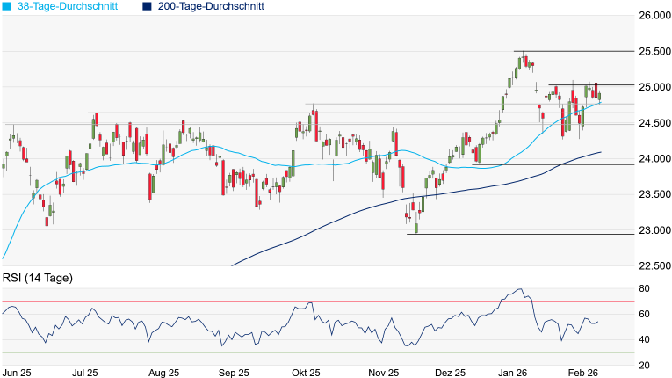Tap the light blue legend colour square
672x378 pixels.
(6, 6)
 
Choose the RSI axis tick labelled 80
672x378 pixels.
(644, 288)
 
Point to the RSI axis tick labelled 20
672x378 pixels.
(644, 365)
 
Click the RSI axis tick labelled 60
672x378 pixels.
(644, 314)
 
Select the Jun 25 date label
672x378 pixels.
(18, 373)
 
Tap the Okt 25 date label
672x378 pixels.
(305, 373)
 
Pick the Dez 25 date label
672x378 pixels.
(451, 373)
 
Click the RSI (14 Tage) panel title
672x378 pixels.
(38, 278)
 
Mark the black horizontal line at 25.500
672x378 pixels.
(571, 52)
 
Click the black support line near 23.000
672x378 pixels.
(518, 234)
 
